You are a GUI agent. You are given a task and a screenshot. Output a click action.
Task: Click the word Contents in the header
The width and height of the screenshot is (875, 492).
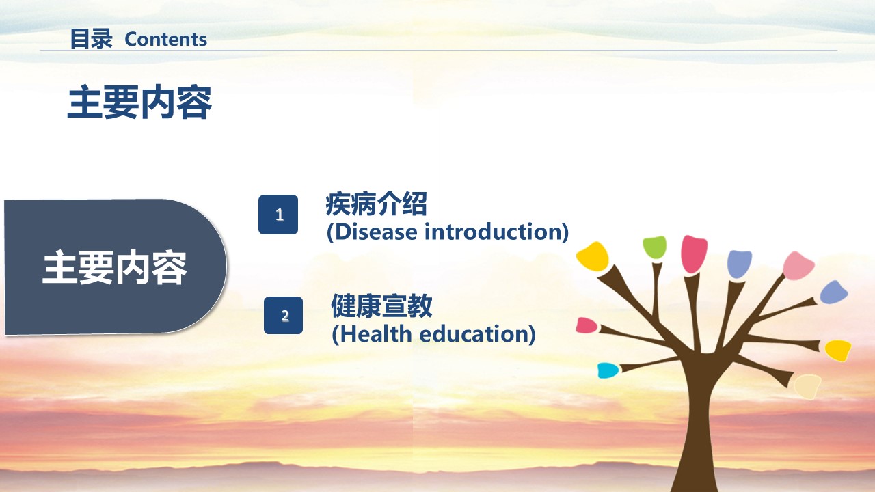click(x=165, y=40)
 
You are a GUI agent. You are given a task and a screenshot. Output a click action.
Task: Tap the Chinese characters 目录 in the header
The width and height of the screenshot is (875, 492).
click(x=91, y=39)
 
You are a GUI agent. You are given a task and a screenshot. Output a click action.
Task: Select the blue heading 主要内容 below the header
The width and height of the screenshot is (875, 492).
click(x=139, y=102)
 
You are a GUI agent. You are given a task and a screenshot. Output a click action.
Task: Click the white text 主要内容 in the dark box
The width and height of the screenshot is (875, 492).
click(x=114, y=268)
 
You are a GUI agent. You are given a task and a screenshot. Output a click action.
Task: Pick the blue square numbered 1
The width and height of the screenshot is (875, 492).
click(x=278, y=215)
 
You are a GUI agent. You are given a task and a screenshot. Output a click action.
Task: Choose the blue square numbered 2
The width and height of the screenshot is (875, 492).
click(x=283, y=316)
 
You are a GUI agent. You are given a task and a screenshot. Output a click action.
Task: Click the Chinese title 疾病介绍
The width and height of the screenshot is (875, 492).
click(x=376, y=204)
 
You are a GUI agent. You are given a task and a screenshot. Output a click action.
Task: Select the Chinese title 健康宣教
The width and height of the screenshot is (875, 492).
click(x=381, y=305)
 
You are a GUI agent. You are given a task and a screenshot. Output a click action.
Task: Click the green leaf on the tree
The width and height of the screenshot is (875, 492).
click(x=655, y=247)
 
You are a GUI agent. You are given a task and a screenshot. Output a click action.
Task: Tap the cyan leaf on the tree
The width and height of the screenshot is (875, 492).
click(x=608, y=370)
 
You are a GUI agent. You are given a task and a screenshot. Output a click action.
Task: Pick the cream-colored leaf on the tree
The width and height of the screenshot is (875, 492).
click(x=808, y=386)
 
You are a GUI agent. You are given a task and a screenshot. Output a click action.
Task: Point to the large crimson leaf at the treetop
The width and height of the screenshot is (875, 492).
click(x=694, y=254)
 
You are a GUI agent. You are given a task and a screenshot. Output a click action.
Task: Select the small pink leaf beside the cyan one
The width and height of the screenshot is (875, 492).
click(x=587, y=325)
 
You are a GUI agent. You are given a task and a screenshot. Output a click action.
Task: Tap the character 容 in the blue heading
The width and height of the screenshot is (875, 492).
click(x=194, y=102)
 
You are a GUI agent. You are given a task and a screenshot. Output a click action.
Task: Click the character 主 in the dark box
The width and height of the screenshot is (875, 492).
click(x=59, y=268)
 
